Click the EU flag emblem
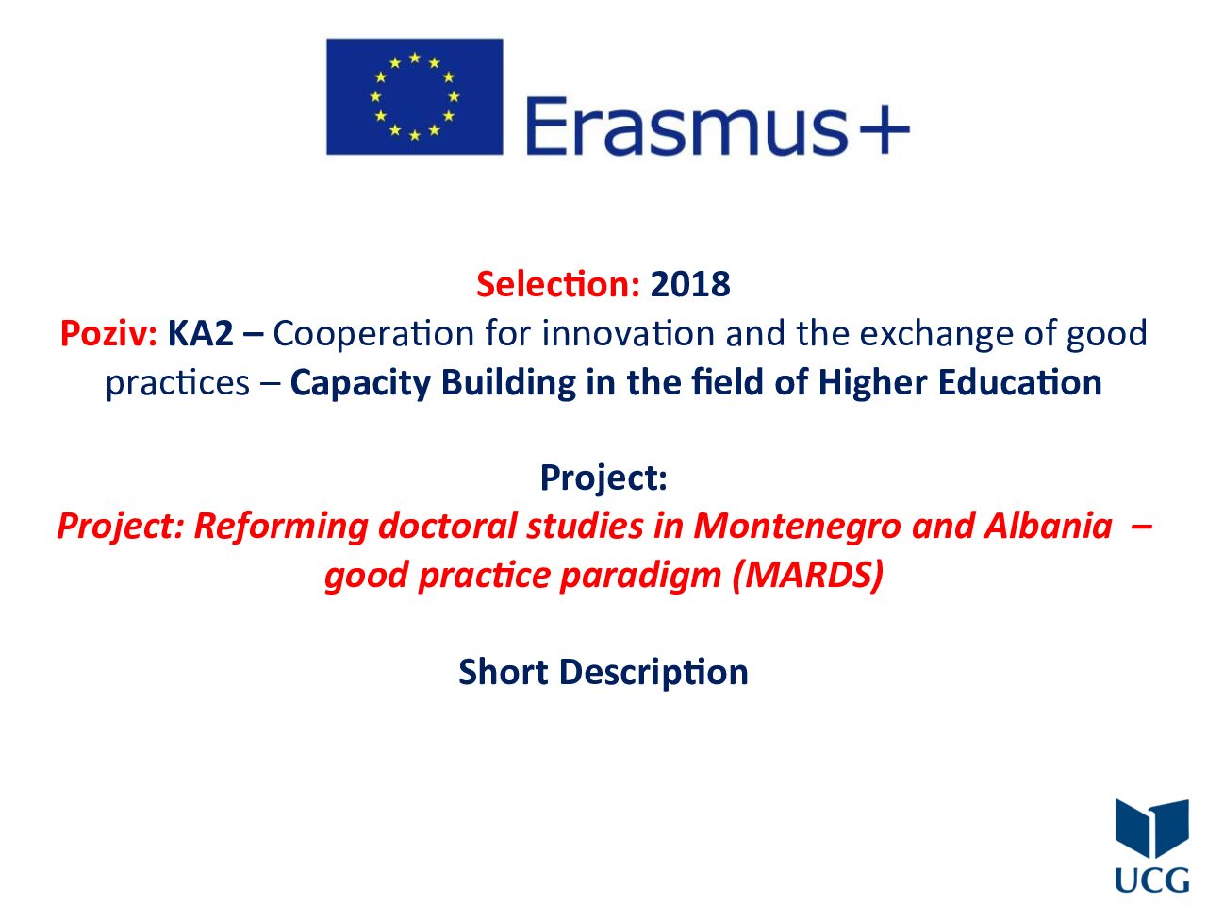pyautogui.click(x=414, y=96)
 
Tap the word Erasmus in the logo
pyautogui.click(x=685, y=126)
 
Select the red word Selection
pyautogui.click(x=557, y=284)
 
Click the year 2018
pyautogui.click(x=690, y=284)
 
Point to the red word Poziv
pyautogui.click(x=108, y=333)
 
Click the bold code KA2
pyautogui.click(x=200, y=333)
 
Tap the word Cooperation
pyautogui.click(x=373, y=333)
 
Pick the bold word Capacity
pyautogui.click(x=360, y=383)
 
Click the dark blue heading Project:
pyautogui.click(x=603, y=478)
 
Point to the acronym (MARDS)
pyautogui.click(x=807, y=576)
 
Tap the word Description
pyautogui.click(x=653, y=672)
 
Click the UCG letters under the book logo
pyautogui.click(x=1151, y=881)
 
